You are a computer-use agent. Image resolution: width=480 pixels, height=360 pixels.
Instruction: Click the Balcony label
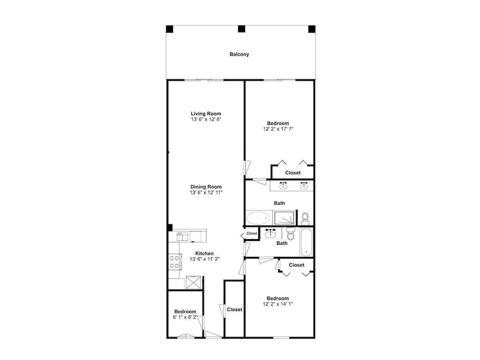[x=239, y=54]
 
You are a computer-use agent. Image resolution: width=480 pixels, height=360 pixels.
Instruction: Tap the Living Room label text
[x=206, y=114]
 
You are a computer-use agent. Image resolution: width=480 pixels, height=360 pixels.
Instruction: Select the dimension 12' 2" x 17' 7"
[x=278, y=129]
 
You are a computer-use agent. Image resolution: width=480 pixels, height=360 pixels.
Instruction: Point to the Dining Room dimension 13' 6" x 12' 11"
[x=206, y=192]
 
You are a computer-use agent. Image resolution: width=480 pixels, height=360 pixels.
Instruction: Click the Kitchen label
[x=204, y=253]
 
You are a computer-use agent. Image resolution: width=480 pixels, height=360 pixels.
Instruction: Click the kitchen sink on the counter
[x=183, y=236]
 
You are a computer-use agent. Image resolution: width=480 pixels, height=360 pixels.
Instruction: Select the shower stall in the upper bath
[x=285, y=217]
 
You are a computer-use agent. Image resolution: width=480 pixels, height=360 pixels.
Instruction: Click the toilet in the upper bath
[x=305, y=218]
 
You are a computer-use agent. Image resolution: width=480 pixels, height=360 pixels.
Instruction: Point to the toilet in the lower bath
[x=290, y=234]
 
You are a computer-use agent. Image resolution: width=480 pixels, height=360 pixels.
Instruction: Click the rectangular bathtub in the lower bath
[x=306, y=242]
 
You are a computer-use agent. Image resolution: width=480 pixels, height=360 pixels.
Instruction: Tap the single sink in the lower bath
[x=271, y=234]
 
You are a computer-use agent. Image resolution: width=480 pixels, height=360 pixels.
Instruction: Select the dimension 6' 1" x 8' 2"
[x=185, y=317]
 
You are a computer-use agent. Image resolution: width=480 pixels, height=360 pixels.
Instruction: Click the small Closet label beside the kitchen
[x=252, y=233]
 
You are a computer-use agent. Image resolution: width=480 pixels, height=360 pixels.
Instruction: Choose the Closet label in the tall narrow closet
[x=235, y=310]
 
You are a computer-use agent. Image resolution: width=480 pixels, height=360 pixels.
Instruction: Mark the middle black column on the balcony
[x=241, y=29]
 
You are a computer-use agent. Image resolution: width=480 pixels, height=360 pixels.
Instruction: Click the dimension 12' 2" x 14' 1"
[x=277, y=304]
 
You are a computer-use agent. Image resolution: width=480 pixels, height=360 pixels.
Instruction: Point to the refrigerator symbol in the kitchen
[x=193, y=282]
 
